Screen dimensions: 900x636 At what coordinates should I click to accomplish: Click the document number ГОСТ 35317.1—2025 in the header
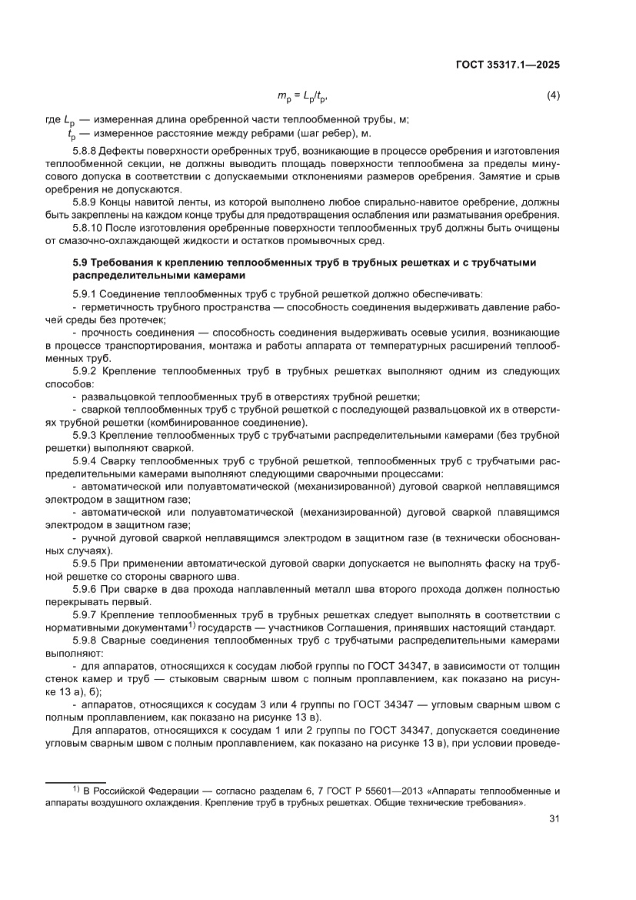506,65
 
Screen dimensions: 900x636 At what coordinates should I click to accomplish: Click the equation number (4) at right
552,95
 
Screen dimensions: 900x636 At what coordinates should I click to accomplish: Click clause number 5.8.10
87,229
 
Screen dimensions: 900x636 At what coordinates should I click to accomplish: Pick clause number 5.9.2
85,371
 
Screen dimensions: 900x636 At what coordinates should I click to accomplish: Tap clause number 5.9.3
85,436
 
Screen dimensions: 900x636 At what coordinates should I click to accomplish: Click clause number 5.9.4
85,460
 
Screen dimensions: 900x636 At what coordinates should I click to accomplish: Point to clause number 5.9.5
85,563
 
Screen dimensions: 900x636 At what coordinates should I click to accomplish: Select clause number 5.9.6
85,588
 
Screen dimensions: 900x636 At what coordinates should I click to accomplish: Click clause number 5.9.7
85,614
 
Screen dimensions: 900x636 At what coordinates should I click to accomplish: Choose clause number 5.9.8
85,640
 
